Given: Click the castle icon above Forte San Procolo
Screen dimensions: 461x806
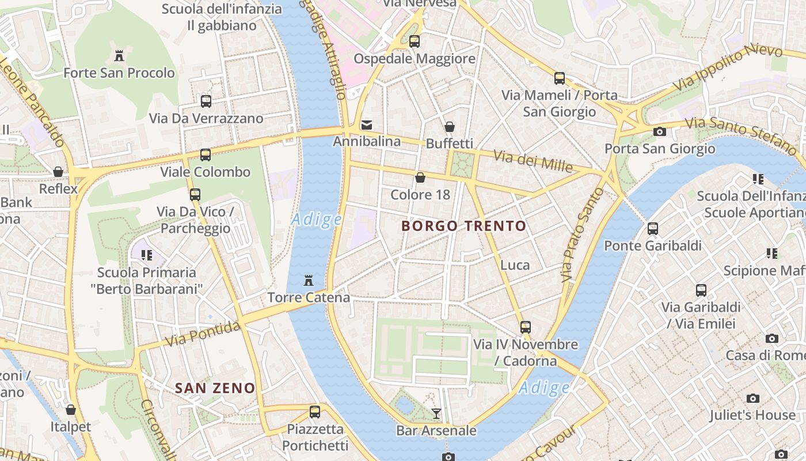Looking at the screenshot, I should [119, 56].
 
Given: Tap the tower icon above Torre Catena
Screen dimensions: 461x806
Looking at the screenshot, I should [309, 281].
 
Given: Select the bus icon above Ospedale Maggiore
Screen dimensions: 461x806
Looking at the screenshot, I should [415, 41].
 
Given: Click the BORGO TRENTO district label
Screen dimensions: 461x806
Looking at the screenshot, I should [464, 226].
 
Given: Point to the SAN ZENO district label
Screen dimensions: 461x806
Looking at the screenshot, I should [215, 388].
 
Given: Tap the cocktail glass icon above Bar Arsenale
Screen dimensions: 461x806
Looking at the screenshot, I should [436, 413].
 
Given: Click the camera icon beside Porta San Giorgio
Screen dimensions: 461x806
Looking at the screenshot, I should [660, 132].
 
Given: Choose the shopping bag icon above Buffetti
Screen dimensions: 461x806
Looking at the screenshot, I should [450, 127].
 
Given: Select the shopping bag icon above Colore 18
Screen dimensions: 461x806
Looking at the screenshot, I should [420, 177].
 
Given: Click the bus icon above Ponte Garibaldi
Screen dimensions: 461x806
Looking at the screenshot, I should [653, 229].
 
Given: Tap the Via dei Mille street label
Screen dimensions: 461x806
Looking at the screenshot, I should [534, 161].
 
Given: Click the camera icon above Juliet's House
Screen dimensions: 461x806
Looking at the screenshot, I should [752, 398].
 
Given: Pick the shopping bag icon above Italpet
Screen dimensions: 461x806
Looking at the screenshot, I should [71, 410].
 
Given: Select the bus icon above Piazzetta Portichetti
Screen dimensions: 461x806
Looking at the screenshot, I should [315, 412].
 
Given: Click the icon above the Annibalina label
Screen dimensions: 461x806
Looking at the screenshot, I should [367, 124].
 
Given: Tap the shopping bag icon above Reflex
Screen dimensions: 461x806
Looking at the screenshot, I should [58, 172].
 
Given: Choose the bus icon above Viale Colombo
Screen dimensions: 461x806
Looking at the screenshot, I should [206, 155].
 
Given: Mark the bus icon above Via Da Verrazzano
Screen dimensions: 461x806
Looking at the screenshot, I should [206, 101].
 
